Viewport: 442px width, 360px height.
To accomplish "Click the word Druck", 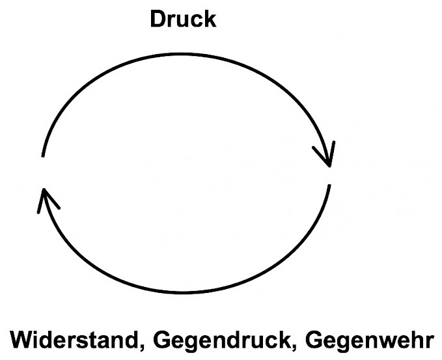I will [x=182, y=18].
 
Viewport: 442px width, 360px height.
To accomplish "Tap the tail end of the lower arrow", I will [x=330, y=186].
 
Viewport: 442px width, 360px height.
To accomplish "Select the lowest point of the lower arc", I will [x=189, y=291].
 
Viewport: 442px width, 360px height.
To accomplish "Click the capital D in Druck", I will [x=158, y=18].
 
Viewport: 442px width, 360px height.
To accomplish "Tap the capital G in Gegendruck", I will [x=165, y=340].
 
